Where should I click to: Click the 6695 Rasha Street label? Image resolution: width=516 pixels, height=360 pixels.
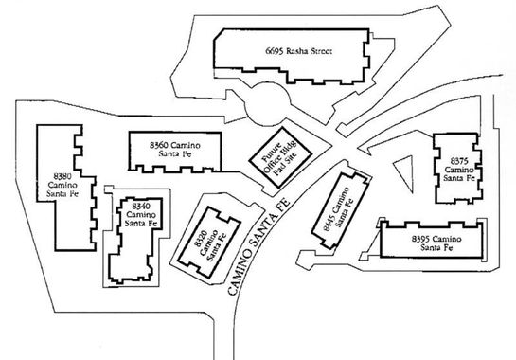[299, 51]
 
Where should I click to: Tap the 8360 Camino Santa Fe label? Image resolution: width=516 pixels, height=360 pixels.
[175, 149]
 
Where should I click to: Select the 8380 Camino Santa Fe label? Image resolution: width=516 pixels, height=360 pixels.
[62, 185]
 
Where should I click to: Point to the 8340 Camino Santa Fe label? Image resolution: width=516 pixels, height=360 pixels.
[141, 215]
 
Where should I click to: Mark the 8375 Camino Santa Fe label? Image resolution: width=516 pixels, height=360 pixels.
[459, 170]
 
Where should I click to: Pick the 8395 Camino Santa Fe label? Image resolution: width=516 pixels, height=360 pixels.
[436, 243]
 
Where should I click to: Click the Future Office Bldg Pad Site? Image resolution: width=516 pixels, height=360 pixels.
[280, 157]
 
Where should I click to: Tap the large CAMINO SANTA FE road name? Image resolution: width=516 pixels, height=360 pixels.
[259, 246]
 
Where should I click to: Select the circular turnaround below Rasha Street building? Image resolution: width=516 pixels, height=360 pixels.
[267, 104]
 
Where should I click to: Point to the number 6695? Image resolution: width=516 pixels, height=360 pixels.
[275, 51]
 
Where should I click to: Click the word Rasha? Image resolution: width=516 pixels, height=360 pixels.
[296, 51]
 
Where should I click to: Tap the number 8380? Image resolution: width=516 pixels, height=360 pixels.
[62, 175]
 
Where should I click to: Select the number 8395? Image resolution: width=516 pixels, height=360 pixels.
[420, 239]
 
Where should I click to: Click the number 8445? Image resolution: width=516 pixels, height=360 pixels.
[329, 223]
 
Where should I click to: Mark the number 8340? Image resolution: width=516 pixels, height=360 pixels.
[141, 207]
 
